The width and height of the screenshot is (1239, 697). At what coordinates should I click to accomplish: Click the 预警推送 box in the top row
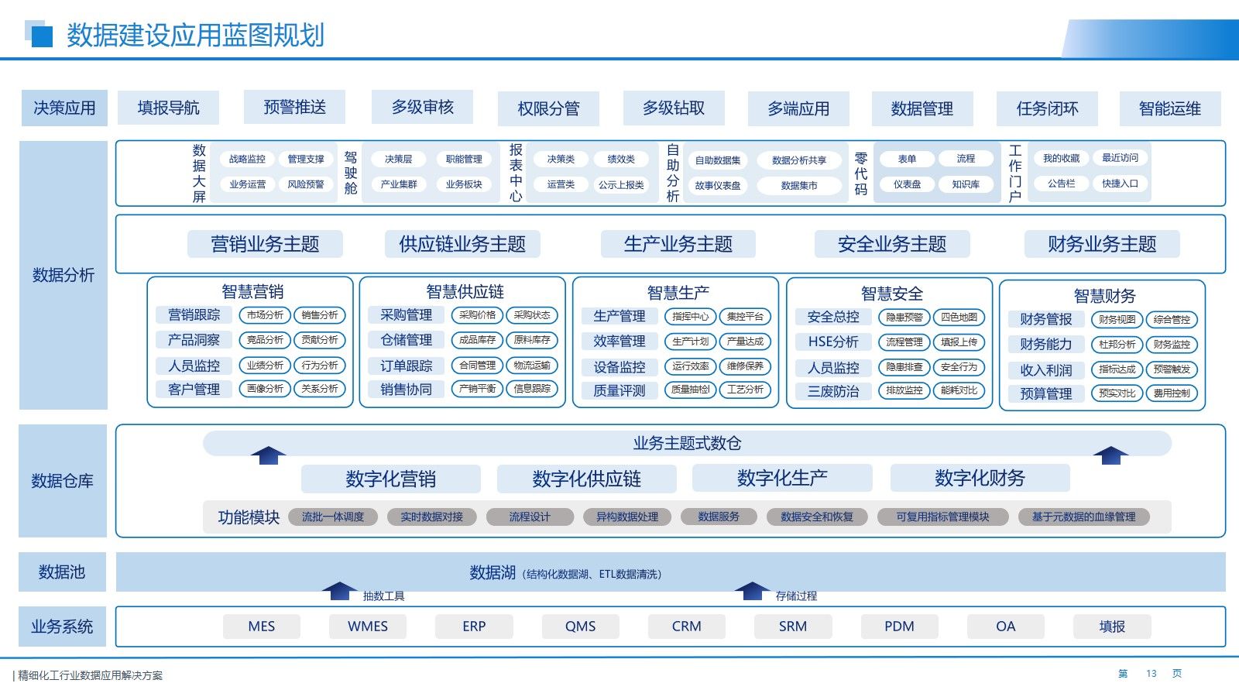(x=294, y=107)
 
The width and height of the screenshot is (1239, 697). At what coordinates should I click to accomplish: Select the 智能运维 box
(x=1169, y=108)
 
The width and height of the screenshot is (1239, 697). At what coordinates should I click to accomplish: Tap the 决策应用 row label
(x=64, y=108)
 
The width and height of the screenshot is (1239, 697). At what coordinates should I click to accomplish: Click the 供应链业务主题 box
(x=462, y=244)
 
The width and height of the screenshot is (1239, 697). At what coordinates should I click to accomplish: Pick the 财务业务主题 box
(x=1101, y=244)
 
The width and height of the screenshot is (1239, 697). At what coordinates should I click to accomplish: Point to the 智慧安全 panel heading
(x=891, y=294)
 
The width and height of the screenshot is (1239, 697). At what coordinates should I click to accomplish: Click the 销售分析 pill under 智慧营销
(x=320, y=315)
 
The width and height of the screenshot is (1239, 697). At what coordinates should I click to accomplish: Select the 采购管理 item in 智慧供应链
(x=407, y=314)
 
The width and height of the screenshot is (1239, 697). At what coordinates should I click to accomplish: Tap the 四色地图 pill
(x=959, y=317)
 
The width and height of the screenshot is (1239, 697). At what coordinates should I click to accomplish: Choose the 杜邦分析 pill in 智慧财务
(x=1117, y=344)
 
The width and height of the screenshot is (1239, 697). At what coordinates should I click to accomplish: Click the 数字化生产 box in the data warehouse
(x=782, y=478)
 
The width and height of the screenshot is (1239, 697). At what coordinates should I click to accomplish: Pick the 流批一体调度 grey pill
(x=333, y=517)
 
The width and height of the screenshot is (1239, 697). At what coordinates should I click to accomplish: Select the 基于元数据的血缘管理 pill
(x=1083, y=517)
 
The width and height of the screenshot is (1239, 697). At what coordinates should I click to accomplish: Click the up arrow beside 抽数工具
(x=338, y=591)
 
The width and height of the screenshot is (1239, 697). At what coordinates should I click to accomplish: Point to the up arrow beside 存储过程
(x=751, y=591)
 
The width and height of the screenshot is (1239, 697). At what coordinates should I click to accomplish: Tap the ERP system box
(x=474, y=626)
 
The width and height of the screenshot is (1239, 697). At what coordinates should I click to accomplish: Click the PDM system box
(x=899, y=626)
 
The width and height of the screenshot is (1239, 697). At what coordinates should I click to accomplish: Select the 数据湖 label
(x=493, y=572)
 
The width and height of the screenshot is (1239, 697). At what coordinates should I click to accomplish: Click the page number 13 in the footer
(x=1151, y=674)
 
